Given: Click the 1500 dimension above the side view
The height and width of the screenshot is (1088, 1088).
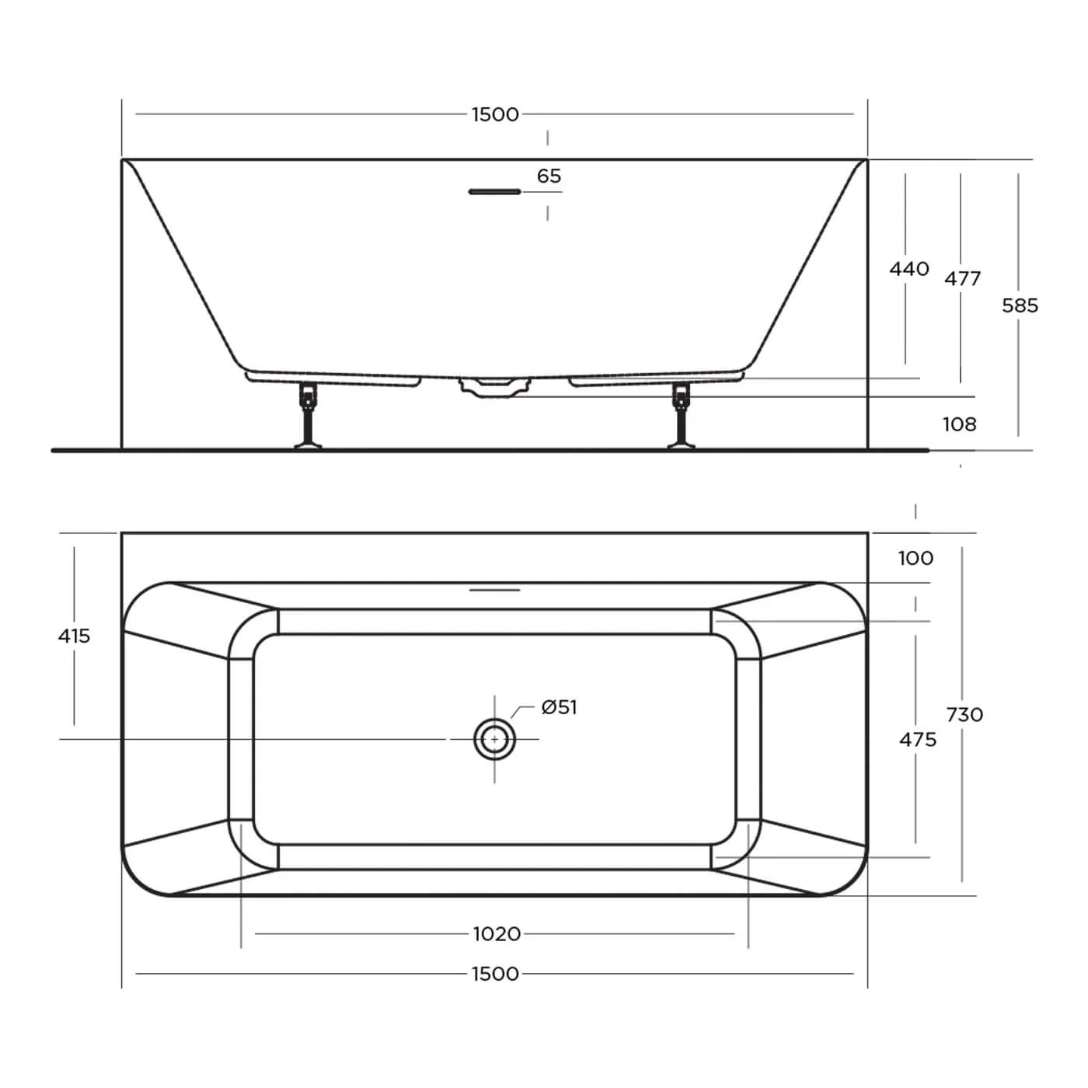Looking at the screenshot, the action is click(495, 114).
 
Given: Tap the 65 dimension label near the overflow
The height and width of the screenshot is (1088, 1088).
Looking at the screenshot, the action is click(549, 176).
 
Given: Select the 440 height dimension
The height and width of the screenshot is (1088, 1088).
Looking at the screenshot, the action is click(909, 269).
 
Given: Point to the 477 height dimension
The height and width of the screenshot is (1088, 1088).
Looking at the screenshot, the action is click(963, 278).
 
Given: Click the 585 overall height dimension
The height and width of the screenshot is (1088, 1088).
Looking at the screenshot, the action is click(1020, 305).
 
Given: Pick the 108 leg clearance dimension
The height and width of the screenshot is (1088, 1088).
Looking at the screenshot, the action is click(960, 424).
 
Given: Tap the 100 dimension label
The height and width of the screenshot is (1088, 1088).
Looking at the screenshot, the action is click(915, 559).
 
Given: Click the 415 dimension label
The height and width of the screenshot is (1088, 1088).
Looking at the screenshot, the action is click(74, 636).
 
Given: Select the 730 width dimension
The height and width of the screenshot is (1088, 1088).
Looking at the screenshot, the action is click(965, 715).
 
